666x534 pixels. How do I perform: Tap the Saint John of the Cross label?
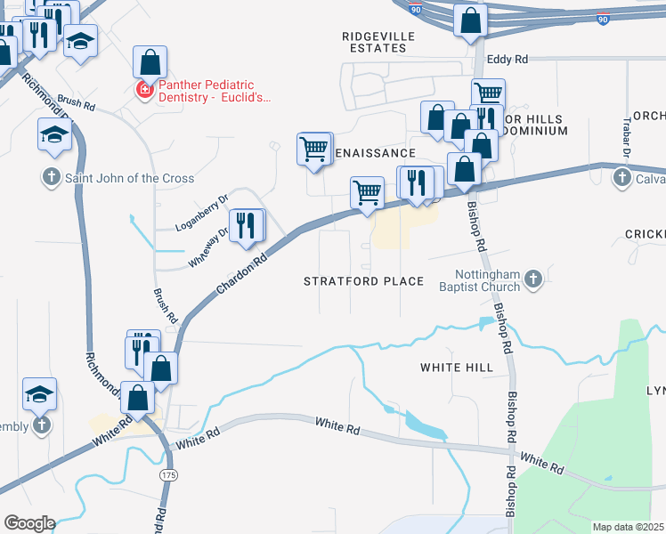[129, 178]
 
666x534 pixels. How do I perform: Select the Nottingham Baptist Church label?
[487, 280]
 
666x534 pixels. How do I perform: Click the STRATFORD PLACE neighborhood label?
[363, 281]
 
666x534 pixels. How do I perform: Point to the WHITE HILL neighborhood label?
[457, 367]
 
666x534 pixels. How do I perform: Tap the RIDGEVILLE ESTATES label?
[374, 42]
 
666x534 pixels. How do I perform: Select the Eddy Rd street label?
[508, 59]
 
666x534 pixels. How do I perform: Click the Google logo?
[28, 522]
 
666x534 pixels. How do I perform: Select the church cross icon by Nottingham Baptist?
[532, 280]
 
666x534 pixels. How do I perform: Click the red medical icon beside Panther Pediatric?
[142, 89]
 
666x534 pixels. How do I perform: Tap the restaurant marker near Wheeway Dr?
[246, 225]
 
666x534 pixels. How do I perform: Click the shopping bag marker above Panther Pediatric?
[150, 61]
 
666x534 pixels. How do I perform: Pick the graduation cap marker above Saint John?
[54, 135]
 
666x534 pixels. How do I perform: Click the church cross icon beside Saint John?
[51, 178]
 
